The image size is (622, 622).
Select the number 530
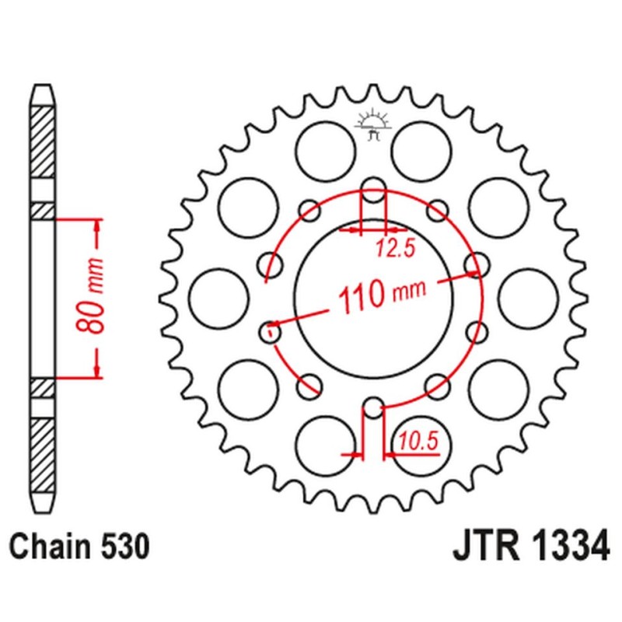click(x=124, y=546)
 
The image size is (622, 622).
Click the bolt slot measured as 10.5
click(x=373, y=409)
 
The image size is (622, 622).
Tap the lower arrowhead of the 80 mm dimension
click(x=97, y=373)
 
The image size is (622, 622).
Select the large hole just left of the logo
click(x=326, y=150)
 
